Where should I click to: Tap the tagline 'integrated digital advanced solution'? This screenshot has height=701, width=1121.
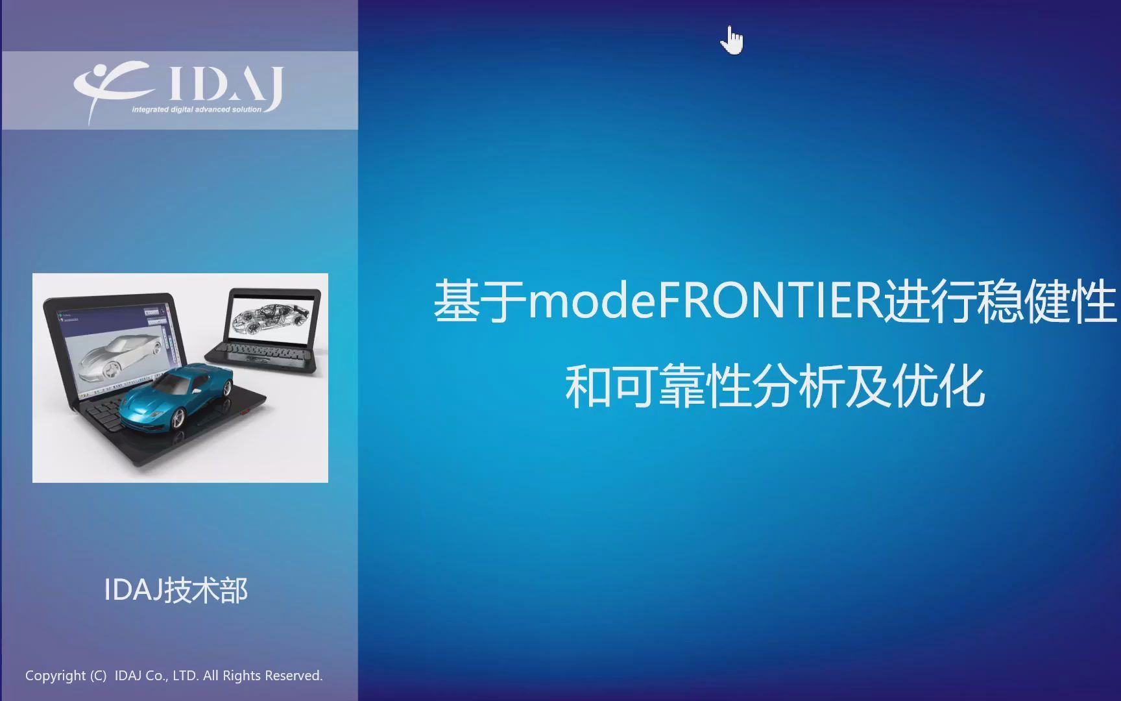pyautogui.click(x=197, y=110)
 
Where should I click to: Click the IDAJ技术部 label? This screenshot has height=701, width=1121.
pyautogui.click(x=176, y=591)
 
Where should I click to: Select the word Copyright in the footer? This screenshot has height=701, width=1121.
pyautogui.click(x=55, y=676)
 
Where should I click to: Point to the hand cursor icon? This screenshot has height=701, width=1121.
pyautogui.click(x=732, y=42)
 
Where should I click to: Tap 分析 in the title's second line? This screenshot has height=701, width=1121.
pyautogui.click(x=798, y=387)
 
